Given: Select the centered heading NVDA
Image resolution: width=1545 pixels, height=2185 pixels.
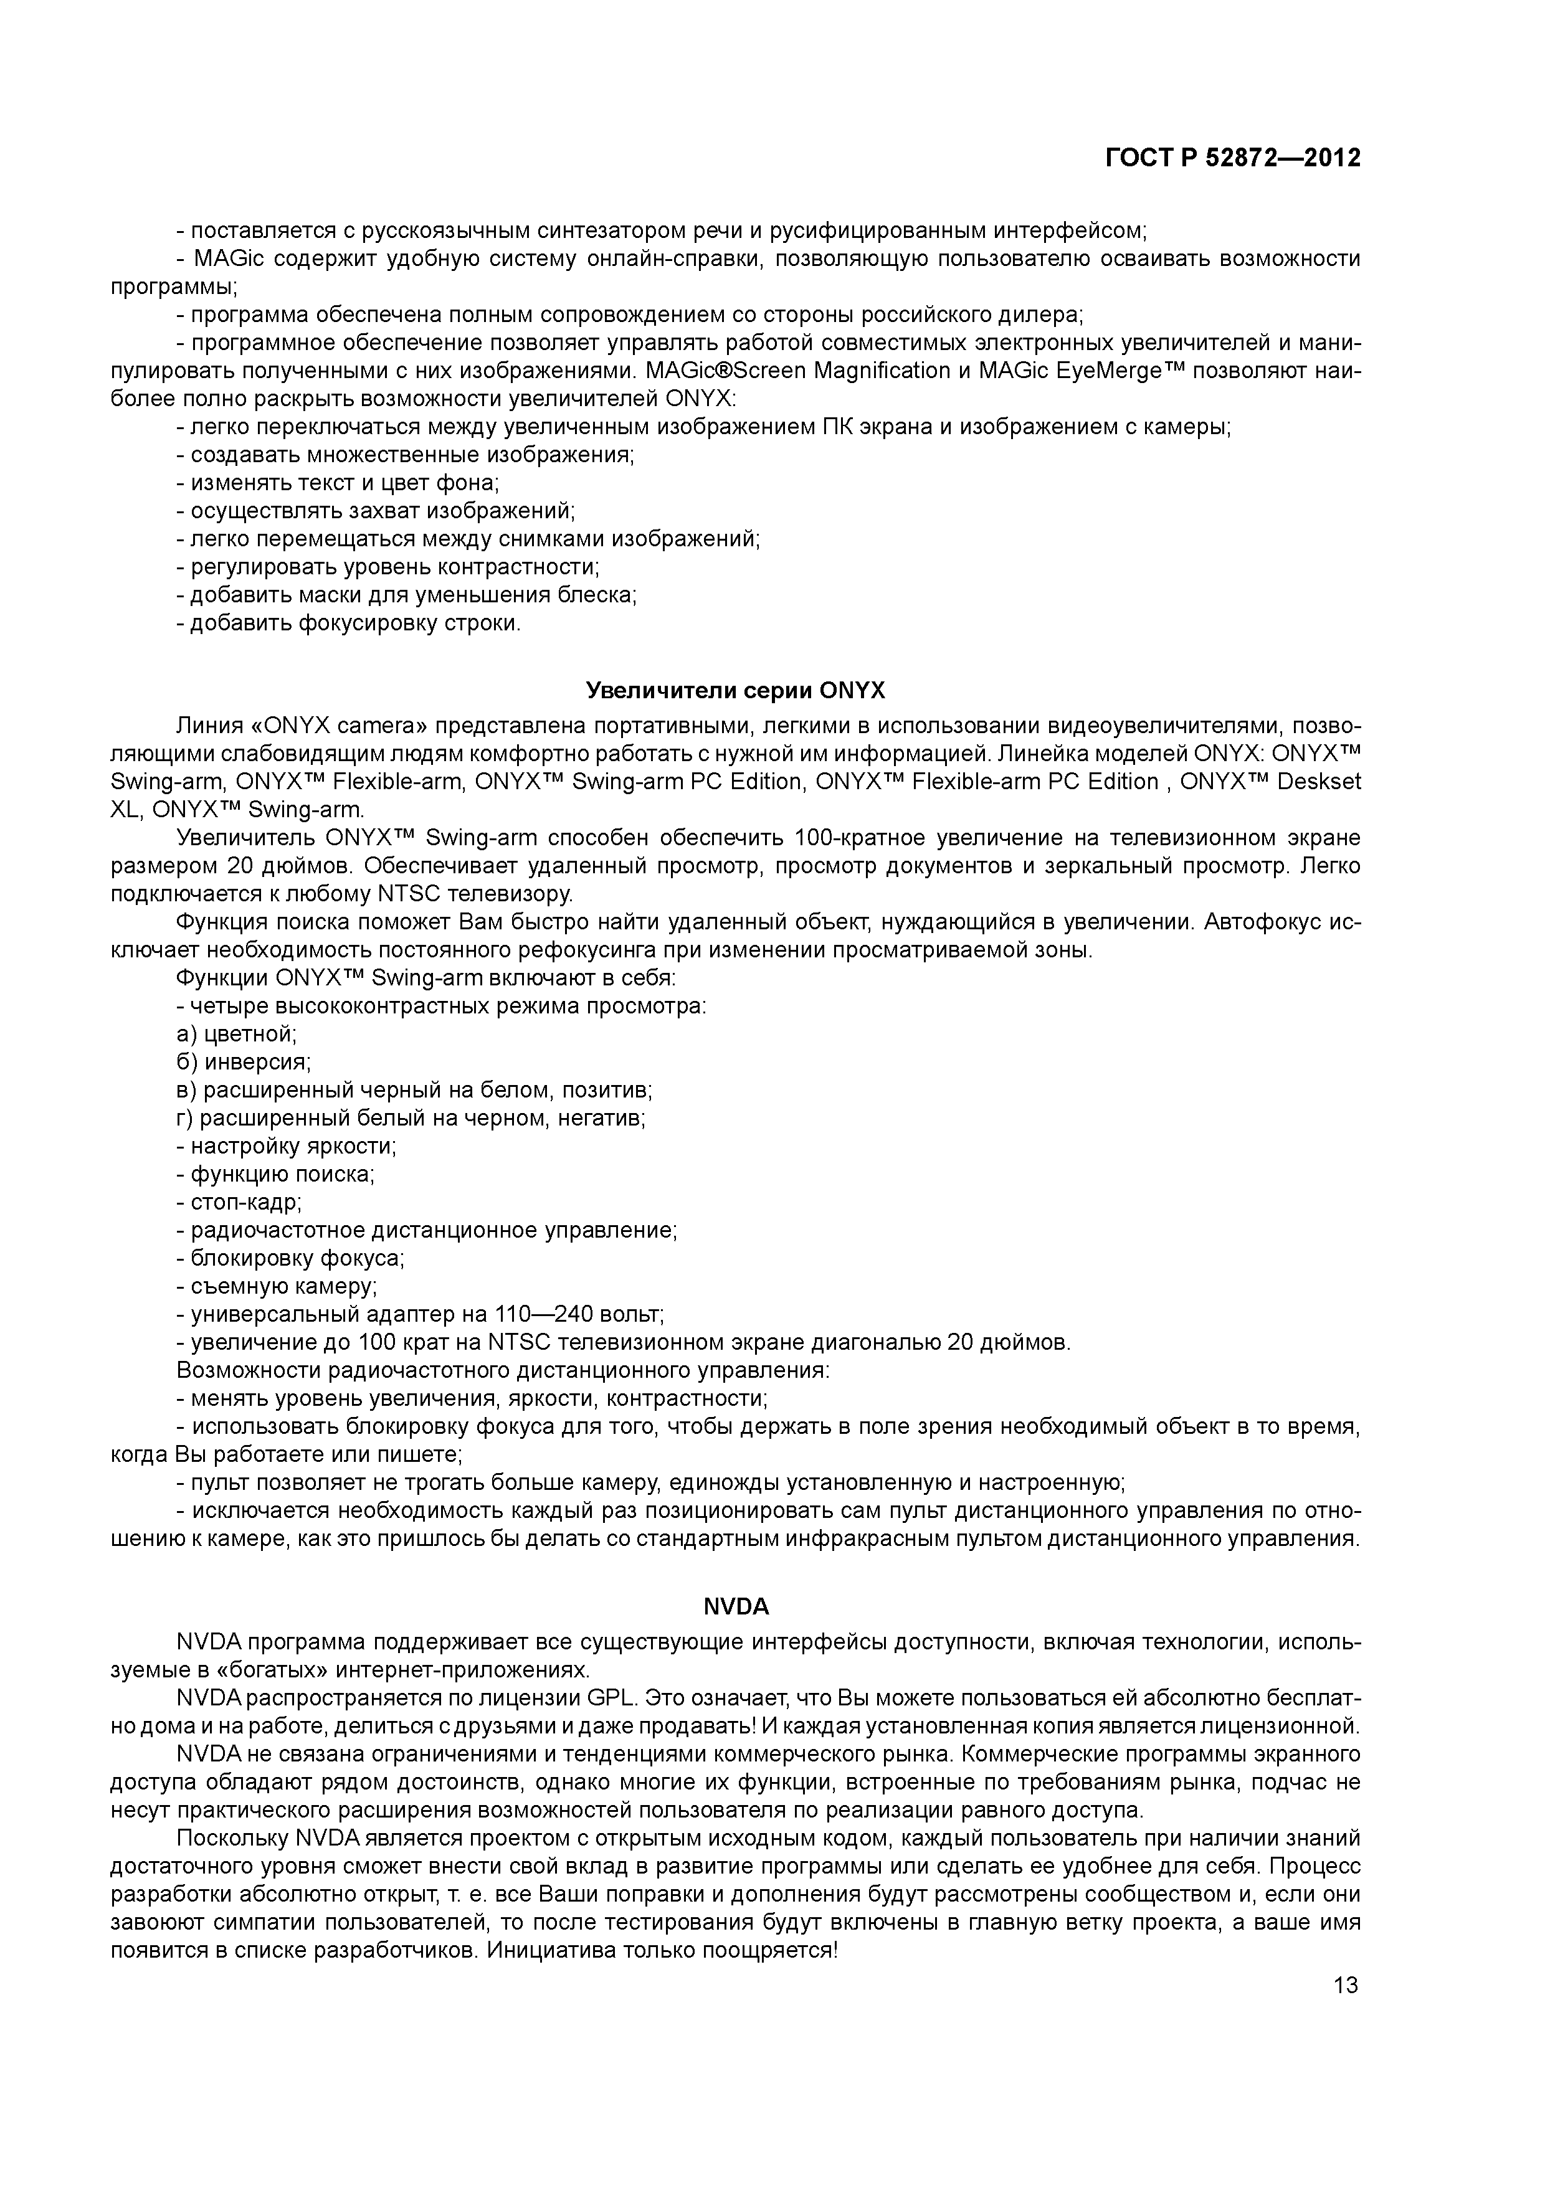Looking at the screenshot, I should coord(736,1606).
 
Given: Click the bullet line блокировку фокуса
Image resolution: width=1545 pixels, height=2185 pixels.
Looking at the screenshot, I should coord(292,1259).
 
